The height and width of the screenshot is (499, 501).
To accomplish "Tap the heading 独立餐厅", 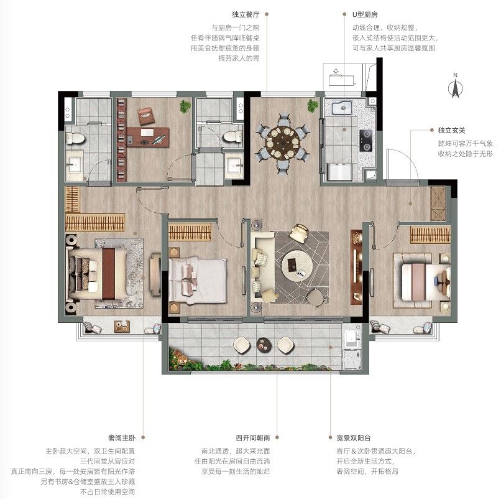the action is pyautogui.click(x=246, y=14).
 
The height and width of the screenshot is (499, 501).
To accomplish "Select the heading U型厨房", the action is pyautogui.click(x=365, y=14).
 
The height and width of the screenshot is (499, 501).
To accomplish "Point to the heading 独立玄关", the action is pyautogui.click(x=451, y=130).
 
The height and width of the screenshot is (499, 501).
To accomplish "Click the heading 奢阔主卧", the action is pyautogui.click(x=121, y=437).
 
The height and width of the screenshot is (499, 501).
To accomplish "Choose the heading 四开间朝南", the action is pyautogui.click(x=253, y=437).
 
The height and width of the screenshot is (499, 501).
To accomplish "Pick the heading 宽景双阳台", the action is pyautogui.click(x=354, y=437).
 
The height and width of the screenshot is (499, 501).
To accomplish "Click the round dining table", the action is pyautogui.click(x=283, y=142).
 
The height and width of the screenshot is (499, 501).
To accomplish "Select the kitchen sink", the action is pyautogui.click(x=341, y=108).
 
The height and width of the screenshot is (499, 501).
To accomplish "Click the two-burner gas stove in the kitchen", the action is pyautogui.click(x=366, y=141).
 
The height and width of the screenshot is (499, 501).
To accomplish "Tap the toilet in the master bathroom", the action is pyautogui.click(x=75, y=139).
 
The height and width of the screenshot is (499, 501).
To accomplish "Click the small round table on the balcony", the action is pyautogui.click(x=264, y=345).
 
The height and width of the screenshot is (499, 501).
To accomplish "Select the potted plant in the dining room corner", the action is pyautogui.click(x=313, y=106).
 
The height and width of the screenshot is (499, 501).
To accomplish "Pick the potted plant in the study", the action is pyautogui.click(x=185, y=106).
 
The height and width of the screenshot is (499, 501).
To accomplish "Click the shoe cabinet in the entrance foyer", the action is pyautogui.click(x=438, y=203).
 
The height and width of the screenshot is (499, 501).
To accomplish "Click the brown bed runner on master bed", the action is pyautogui.click(x=109, y=274).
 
